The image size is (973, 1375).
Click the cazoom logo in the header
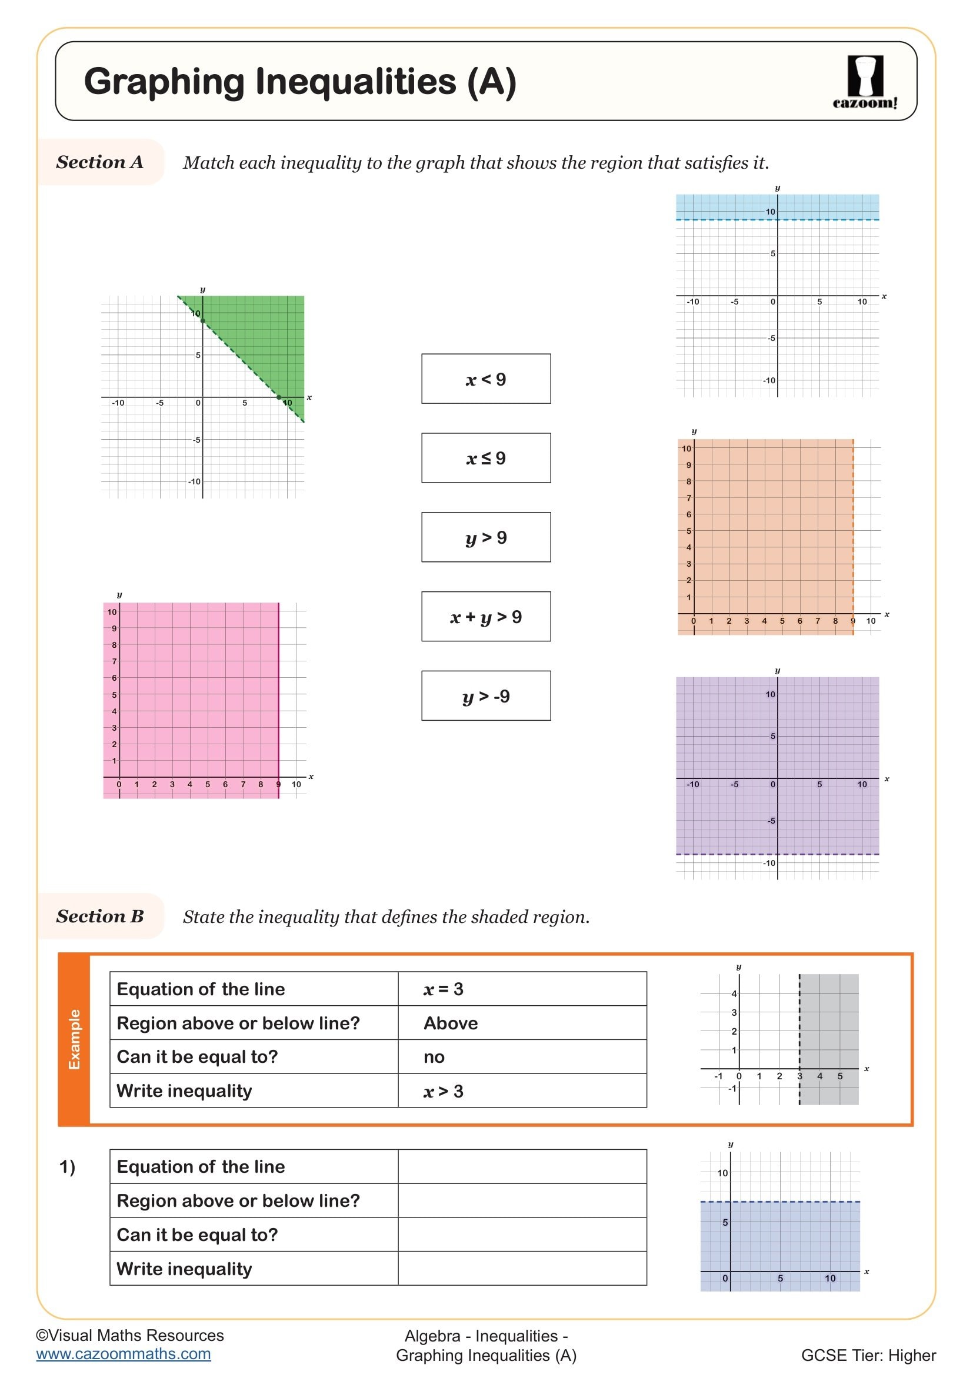865,82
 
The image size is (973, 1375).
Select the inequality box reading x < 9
486,379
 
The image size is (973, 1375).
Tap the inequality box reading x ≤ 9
486,458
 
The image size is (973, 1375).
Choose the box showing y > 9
486,537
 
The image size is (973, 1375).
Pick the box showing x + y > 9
486,616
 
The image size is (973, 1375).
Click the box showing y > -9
486,696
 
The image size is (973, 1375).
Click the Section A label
100,162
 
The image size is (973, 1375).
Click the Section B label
100,916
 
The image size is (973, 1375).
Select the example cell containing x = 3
522,989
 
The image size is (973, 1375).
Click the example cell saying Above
522,1023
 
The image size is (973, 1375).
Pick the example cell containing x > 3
522,1091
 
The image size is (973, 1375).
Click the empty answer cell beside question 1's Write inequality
522,1269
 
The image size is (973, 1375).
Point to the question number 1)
67,1166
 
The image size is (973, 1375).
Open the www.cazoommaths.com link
124,1354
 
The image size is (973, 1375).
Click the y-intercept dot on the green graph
202,321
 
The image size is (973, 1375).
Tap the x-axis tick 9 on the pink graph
278,784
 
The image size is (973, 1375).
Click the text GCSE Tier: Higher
868,1355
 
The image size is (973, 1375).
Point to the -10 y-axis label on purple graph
769,863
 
